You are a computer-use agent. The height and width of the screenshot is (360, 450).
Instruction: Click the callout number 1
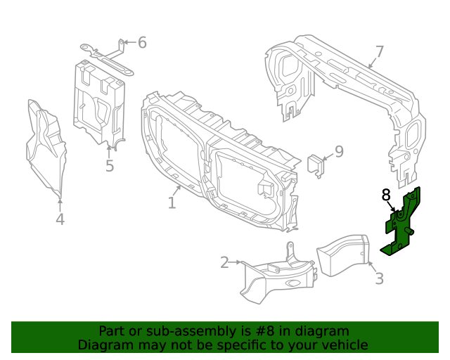pyautogui.click(x=172, y=203)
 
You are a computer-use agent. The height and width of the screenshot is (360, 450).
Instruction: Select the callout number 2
pyautogui.click(x=224, y=263)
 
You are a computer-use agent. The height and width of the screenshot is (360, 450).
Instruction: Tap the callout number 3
pyautogui.click(x=379, y=278)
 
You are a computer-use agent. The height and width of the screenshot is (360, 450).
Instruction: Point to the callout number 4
pyautogui.click(x=60, y=220)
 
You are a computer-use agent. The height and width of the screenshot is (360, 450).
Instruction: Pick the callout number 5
pyautogui.click(x=110, y=167)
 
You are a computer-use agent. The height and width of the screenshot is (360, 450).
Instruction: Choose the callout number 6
pyautogui.click(x=142, y=43)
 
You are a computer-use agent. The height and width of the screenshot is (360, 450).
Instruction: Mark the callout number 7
pyautogui.click(x=380, y=52)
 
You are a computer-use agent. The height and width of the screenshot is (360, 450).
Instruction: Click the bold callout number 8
pyautogui.click(x=386, y=194)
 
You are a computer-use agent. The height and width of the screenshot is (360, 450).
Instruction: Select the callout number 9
pyautogui.click(x=338, y=152)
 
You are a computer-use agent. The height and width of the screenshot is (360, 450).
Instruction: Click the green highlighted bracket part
pyautogui.click(x=402, y=224)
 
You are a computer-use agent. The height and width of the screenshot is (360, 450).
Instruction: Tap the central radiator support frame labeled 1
pyautogui.click(x=218, y=162)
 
